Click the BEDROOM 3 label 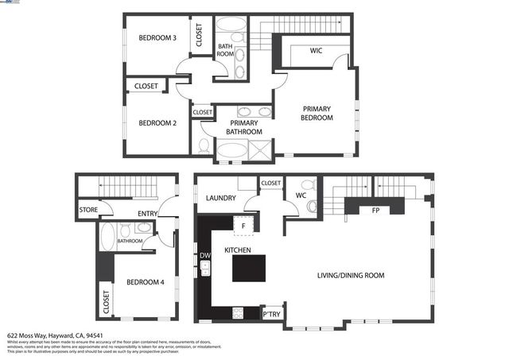tap(157, 38)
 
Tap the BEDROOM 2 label tap(157, 122)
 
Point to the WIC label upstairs tap(316, 51)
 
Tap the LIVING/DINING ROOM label tap(351, 275)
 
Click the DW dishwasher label tap(204, 255)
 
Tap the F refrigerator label tap(243, 226)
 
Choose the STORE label tap(87, 211)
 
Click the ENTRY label tap(147, 213)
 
